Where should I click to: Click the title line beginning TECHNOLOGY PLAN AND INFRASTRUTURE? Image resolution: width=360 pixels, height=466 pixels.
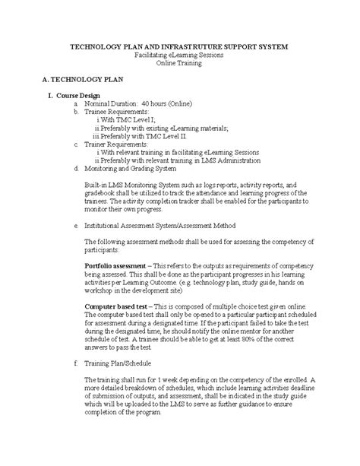(x=179, y=47)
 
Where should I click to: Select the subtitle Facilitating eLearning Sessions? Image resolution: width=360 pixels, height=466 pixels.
(x=179, y=56)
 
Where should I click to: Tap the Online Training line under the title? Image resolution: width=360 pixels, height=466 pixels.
(x=179, y=65)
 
